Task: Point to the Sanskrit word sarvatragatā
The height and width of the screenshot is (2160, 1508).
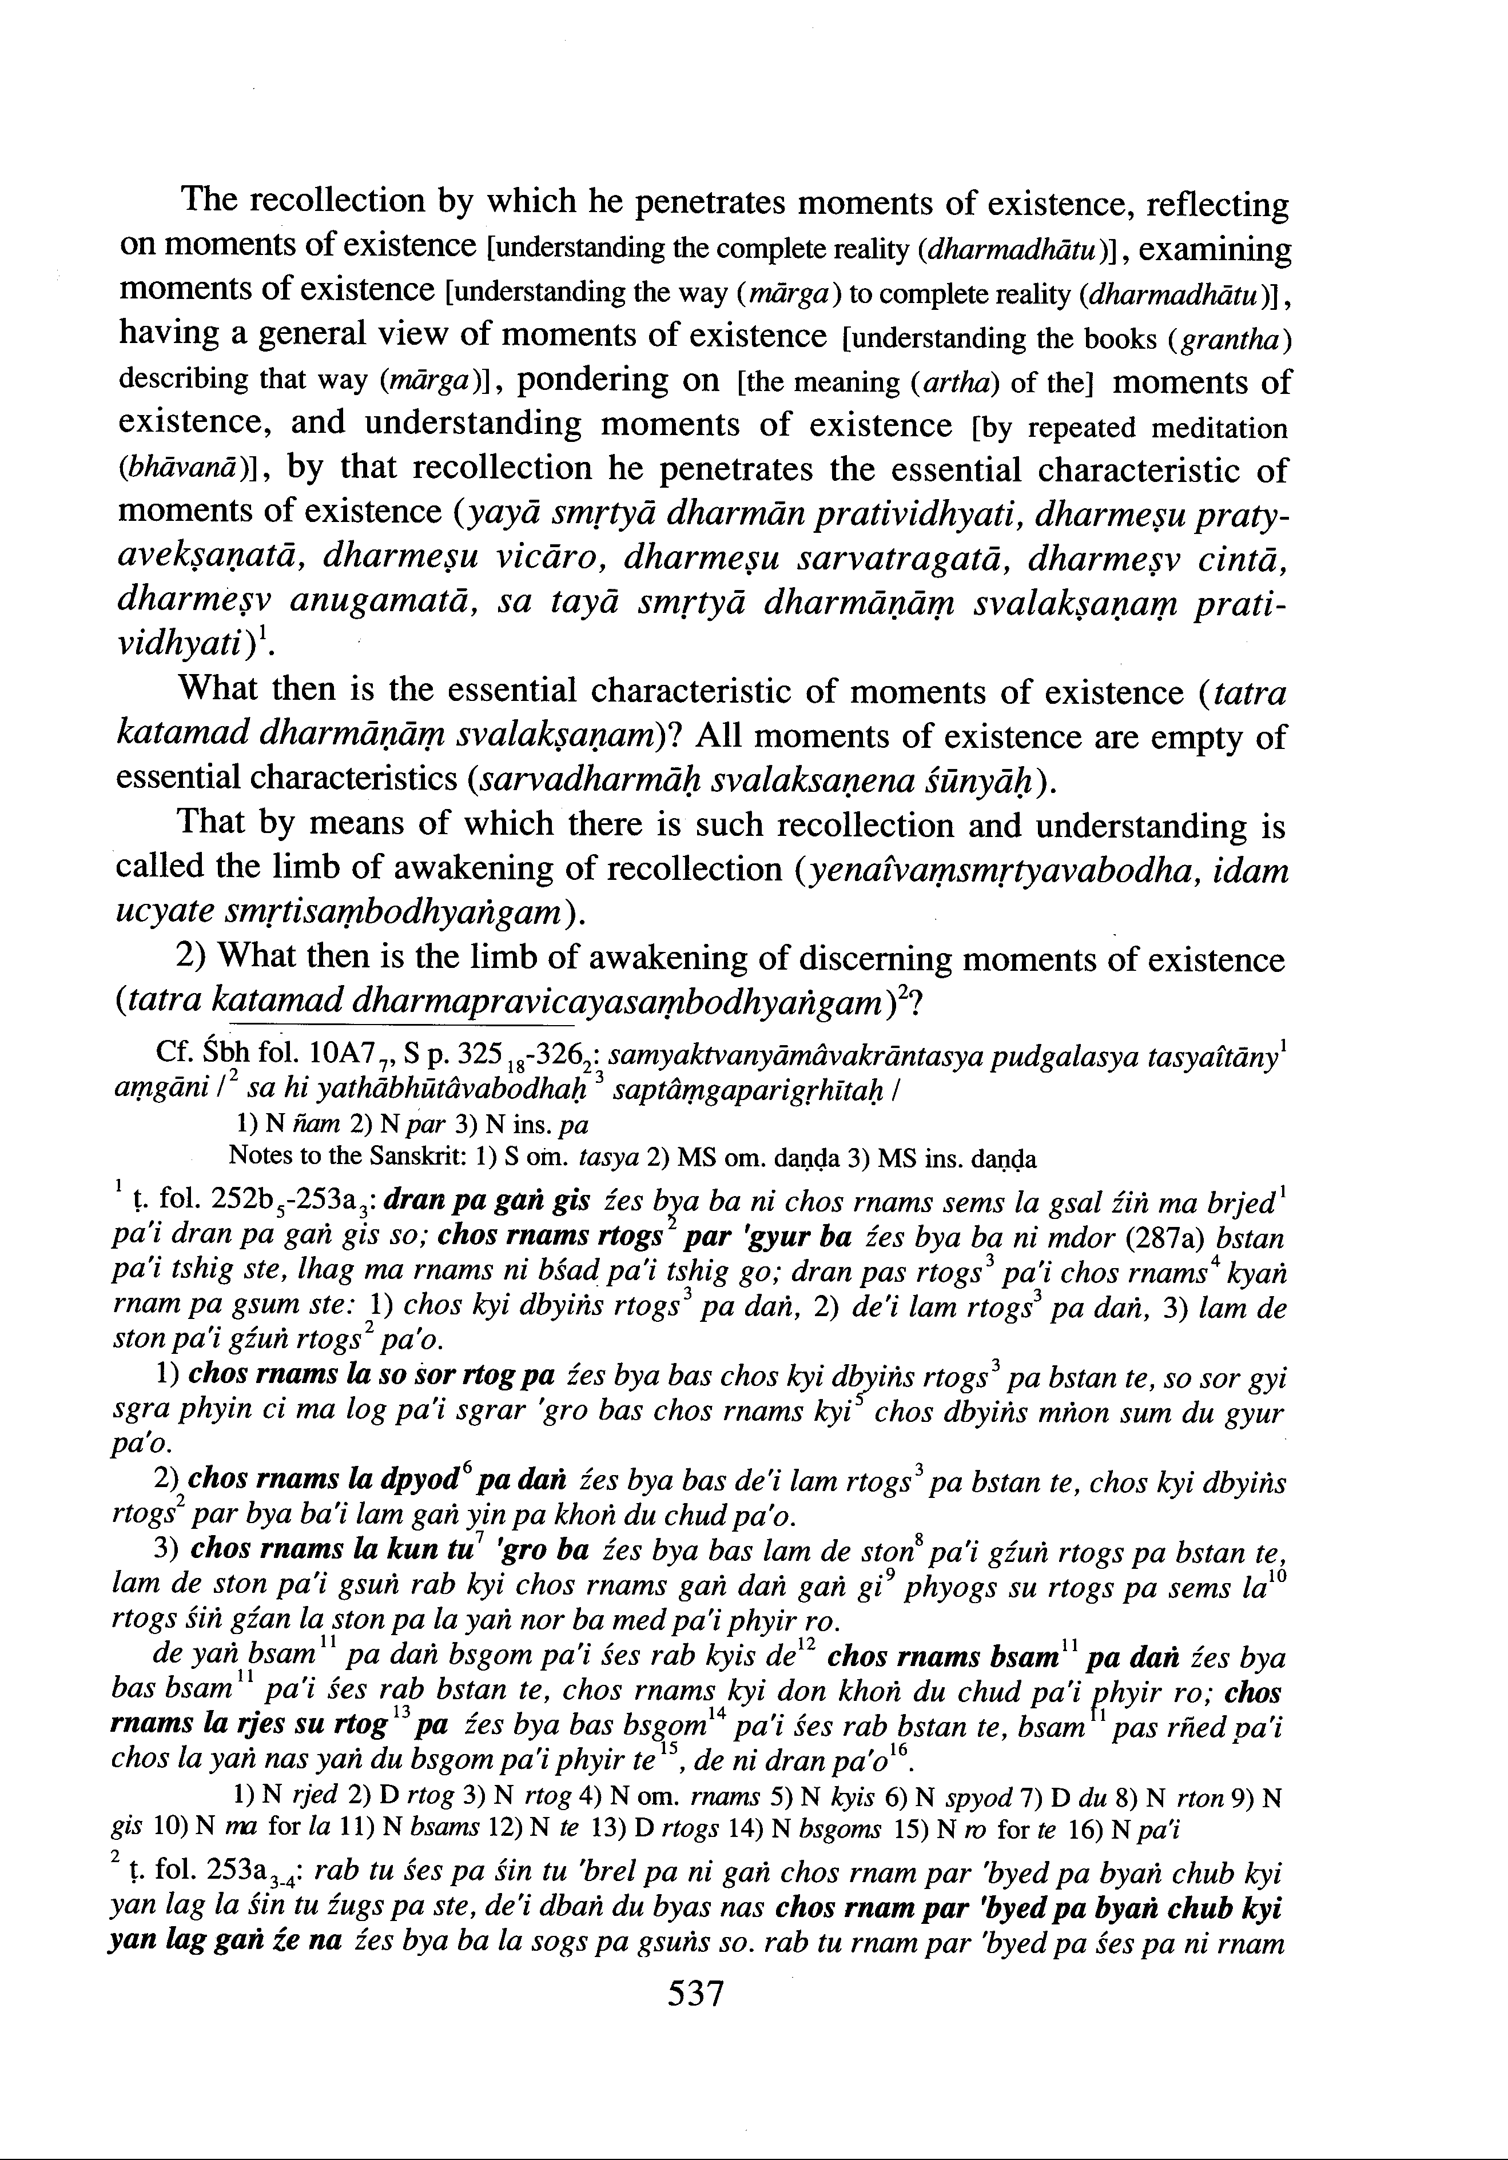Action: tap(900, 560)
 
